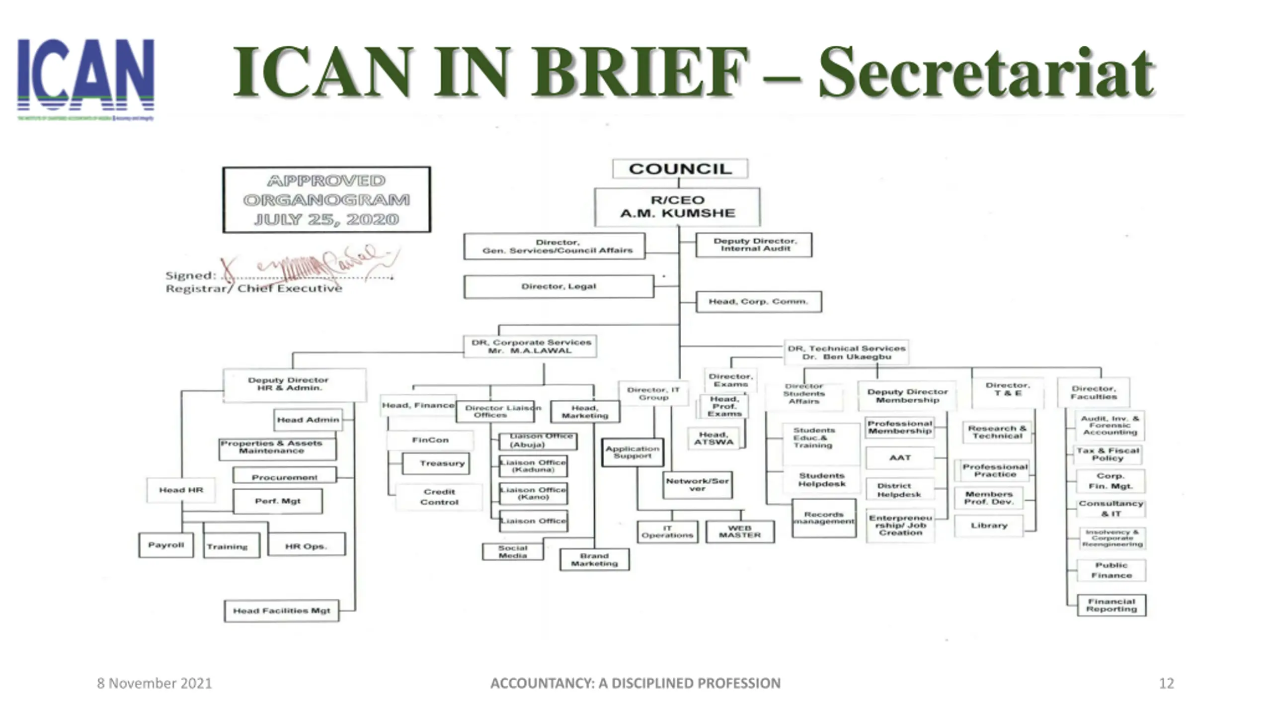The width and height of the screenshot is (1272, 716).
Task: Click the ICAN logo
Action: (x=85, y=79)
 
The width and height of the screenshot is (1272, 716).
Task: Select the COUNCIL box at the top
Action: (x=680, y=169)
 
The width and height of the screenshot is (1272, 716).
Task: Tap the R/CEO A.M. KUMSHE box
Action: (x=677, y=207)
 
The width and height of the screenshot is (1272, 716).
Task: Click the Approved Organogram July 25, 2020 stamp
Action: (x=326, y=199)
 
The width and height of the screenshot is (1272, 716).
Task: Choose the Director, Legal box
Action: (x=558, y=286)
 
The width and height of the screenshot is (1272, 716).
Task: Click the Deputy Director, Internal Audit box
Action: (x=754, y=245)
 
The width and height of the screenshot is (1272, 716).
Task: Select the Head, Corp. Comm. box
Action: (x=758, y=301)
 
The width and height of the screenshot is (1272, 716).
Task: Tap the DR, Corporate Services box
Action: (x=531, y=347)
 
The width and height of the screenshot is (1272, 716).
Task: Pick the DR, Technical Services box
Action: (x=846, y=353)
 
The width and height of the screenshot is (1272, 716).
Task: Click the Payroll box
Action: (x=166, y=545)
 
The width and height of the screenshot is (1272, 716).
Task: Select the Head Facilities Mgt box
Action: (x=281, y=611)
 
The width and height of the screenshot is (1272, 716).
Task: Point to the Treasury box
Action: (x=436, y=463)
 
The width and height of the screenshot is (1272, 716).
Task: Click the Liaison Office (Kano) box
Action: (x=533, y=493)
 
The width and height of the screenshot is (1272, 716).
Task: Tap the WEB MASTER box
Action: (x=740, y=532)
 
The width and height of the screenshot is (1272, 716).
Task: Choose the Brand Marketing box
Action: (x=594, y=560)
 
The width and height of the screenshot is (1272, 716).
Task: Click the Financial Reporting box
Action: (x=1111, y=605)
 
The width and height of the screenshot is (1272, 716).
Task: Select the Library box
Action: (x=989, y=526)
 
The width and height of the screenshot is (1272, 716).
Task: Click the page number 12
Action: (x=1166, y=683)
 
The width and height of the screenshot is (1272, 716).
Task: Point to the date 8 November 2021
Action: (x=154, y=683)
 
